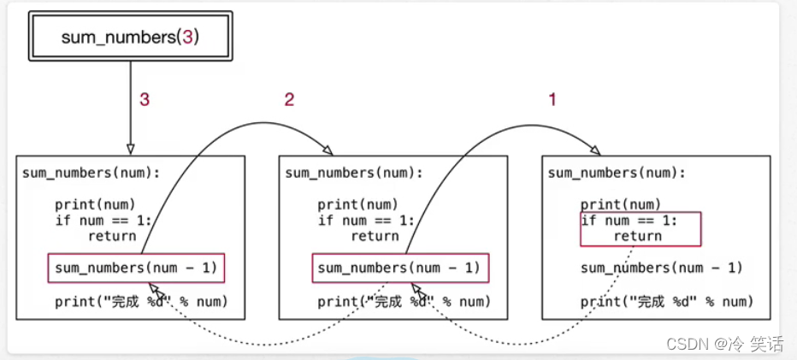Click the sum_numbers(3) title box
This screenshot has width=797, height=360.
point(131,37)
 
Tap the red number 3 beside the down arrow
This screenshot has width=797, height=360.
point(145,99)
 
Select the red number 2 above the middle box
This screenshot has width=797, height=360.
point(289,99)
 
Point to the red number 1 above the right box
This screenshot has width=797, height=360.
point(552,99)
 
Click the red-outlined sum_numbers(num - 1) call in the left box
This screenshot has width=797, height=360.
point(137,268)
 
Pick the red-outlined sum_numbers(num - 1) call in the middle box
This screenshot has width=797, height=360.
point(399,268)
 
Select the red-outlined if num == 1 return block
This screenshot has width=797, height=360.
point(641,228)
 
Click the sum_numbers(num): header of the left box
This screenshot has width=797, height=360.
point(91,172)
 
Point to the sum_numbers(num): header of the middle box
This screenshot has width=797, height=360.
point(353,172)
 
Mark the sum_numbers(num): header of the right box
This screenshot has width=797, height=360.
point(616,172)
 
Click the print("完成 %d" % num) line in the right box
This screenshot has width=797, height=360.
point(667,301)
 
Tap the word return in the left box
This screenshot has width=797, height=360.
point(111,236)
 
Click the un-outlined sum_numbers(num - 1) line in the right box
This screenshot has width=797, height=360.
point(662,268)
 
